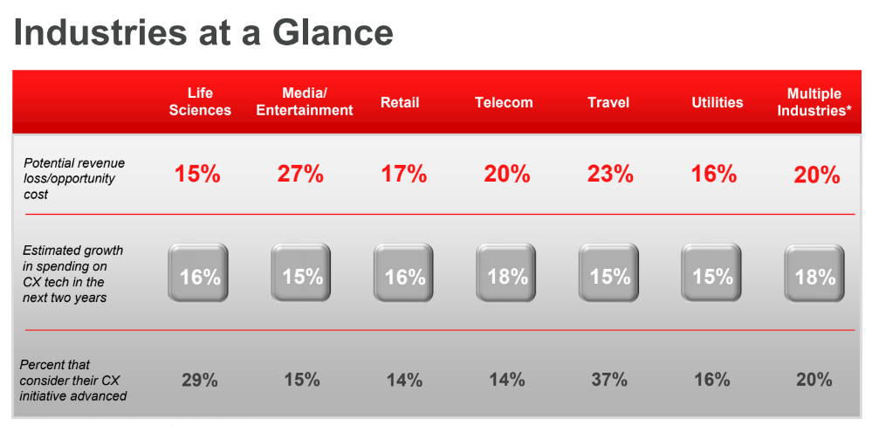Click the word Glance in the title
pos(333,32)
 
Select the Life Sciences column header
pos(200,101)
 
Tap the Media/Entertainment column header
pos(305,101)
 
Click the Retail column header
pos(400,103)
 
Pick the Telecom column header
pos(504,103)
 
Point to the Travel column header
pos(608,103)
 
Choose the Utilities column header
pos(717,103)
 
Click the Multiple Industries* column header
pos(814,101)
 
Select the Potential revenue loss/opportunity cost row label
pos(74,178)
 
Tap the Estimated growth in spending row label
pos(72,273)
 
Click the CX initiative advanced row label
pos(72,380)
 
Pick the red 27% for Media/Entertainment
pos(300,175)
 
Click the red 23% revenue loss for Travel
pos(610,175)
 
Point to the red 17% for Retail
pos(403,175)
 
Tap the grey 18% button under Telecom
pos(507,273)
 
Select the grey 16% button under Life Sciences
pos(198,273)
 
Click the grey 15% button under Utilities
pos(711,273)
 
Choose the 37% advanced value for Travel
pos(608,380)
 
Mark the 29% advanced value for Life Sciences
pos(199,380)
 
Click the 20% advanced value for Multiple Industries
pos(814,380)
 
